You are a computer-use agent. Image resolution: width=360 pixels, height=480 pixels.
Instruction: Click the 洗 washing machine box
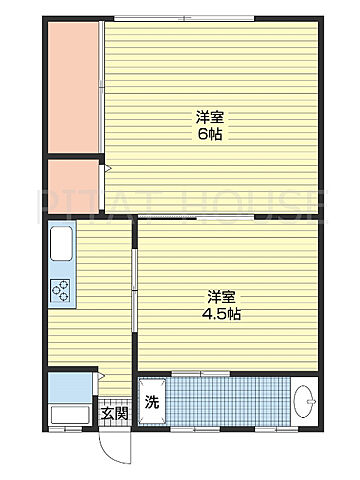(x=152, y=404)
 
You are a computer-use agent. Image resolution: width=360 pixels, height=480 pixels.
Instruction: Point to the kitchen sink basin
(x=59, y=245)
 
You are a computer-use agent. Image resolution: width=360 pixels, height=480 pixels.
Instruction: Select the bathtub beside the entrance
(x=68, y=415)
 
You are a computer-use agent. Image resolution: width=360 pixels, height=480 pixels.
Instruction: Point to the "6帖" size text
(x=209, y=134)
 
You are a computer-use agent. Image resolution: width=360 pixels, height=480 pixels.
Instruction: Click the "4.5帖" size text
(x=225, y=313)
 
